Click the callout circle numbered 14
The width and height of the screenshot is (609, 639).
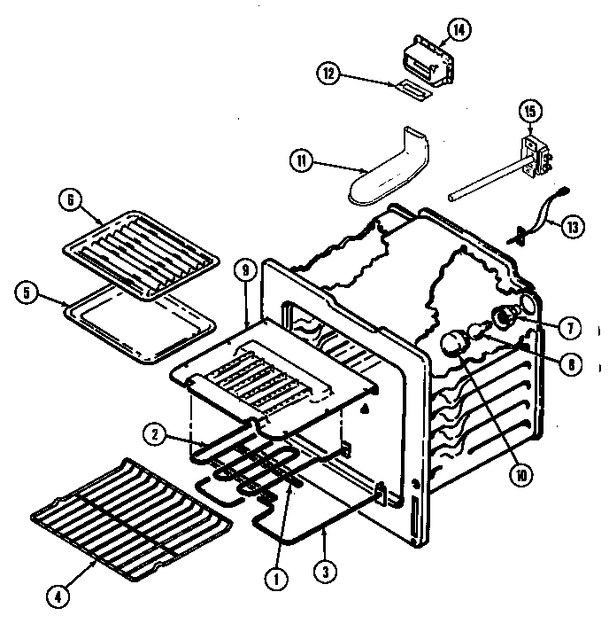[459, 31]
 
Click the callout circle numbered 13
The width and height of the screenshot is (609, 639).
[574, 226]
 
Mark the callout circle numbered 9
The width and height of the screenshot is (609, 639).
[247, 272]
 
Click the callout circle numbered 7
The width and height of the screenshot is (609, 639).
[570, 328]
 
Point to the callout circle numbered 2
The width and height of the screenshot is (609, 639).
[155, 433]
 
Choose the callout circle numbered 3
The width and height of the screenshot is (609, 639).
[328, 573]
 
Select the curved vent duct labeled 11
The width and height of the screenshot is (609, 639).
[386, 169]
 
